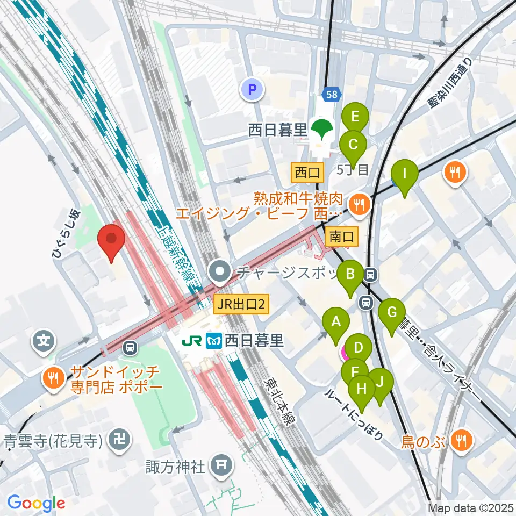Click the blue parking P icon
tap(252, 89)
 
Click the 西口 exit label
tap(307, 173)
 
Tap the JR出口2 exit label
tap(241, 305)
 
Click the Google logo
tap(37, 503)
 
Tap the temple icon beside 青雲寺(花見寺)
tap(118, 441)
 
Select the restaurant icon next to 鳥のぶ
tap(461, 441)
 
